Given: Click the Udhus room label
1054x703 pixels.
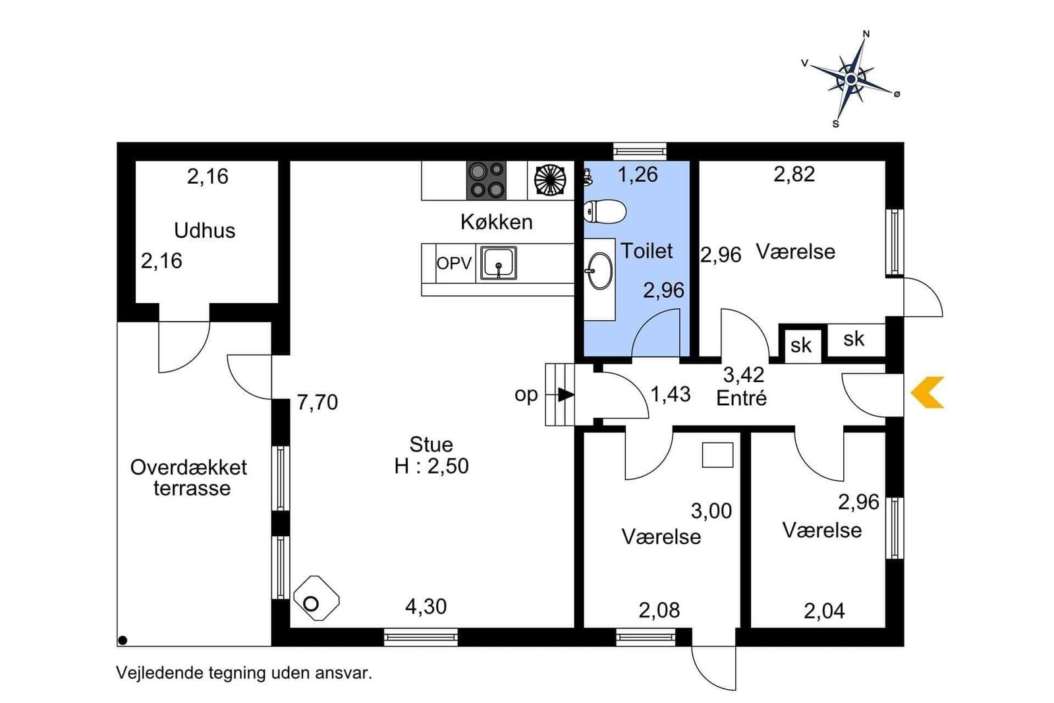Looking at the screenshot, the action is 205,231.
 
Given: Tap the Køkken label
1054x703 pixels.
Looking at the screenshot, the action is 497,222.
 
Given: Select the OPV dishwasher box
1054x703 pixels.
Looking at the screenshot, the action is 454,264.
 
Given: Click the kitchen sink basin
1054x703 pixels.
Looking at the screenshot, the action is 498,263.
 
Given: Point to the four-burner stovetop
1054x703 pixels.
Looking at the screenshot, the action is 486,181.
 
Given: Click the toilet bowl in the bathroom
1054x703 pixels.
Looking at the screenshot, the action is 604,211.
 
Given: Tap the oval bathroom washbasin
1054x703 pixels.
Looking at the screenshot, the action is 599,271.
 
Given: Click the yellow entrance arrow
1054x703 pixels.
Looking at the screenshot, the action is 928,392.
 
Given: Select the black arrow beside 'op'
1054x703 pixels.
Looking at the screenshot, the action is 566,394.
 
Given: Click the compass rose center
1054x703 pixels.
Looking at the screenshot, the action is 850,79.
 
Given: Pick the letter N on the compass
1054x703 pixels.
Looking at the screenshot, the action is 866,34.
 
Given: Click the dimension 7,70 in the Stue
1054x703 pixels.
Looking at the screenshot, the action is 317,403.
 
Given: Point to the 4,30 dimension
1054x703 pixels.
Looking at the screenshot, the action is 426,607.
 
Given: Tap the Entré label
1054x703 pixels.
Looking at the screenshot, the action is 741,399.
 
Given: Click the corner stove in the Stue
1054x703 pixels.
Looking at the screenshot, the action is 316,598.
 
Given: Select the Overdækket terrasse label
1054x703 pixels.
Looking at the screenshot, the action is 188,478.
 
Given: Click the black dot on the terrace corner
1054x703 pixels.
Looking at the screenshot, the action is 123,640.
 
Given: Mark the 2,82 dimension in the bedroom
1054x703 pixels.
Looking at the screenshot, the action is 794,174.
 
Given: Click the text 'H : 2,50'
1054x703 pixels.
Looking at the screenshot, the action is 431,466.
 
